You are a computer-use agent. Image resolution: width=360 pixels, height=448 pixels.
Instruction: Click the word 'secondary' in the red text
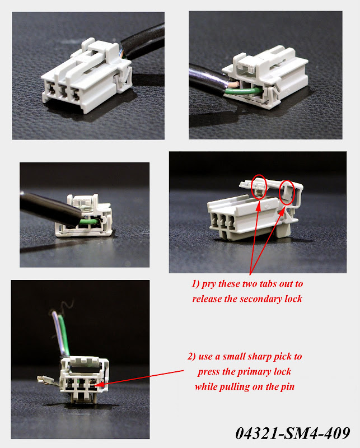coord(261,299)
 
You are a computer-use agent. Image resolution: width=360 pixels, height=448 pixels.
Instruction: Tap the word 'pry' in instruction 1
coord(209,284)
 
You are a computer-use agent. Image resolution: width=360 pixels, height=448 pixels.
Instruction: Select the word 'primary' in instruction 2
coord(254,372)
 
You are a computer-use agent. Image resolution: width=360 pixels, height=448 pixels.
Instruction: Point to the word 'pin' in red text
coord(288,387)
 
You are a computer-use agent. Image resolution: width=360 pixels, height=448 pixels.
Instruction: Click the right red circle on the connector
coord(287,192)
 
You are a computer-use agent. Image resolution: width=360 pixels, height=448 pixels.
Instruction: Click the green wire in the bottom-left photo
coord(64,335)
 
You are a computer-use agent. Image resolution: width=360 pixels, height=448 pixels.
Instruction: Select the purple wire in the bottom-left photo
coord(58,333)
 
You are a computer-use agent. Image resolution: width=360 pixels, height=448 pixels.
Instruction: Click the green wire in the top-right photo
coord(244,91)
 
